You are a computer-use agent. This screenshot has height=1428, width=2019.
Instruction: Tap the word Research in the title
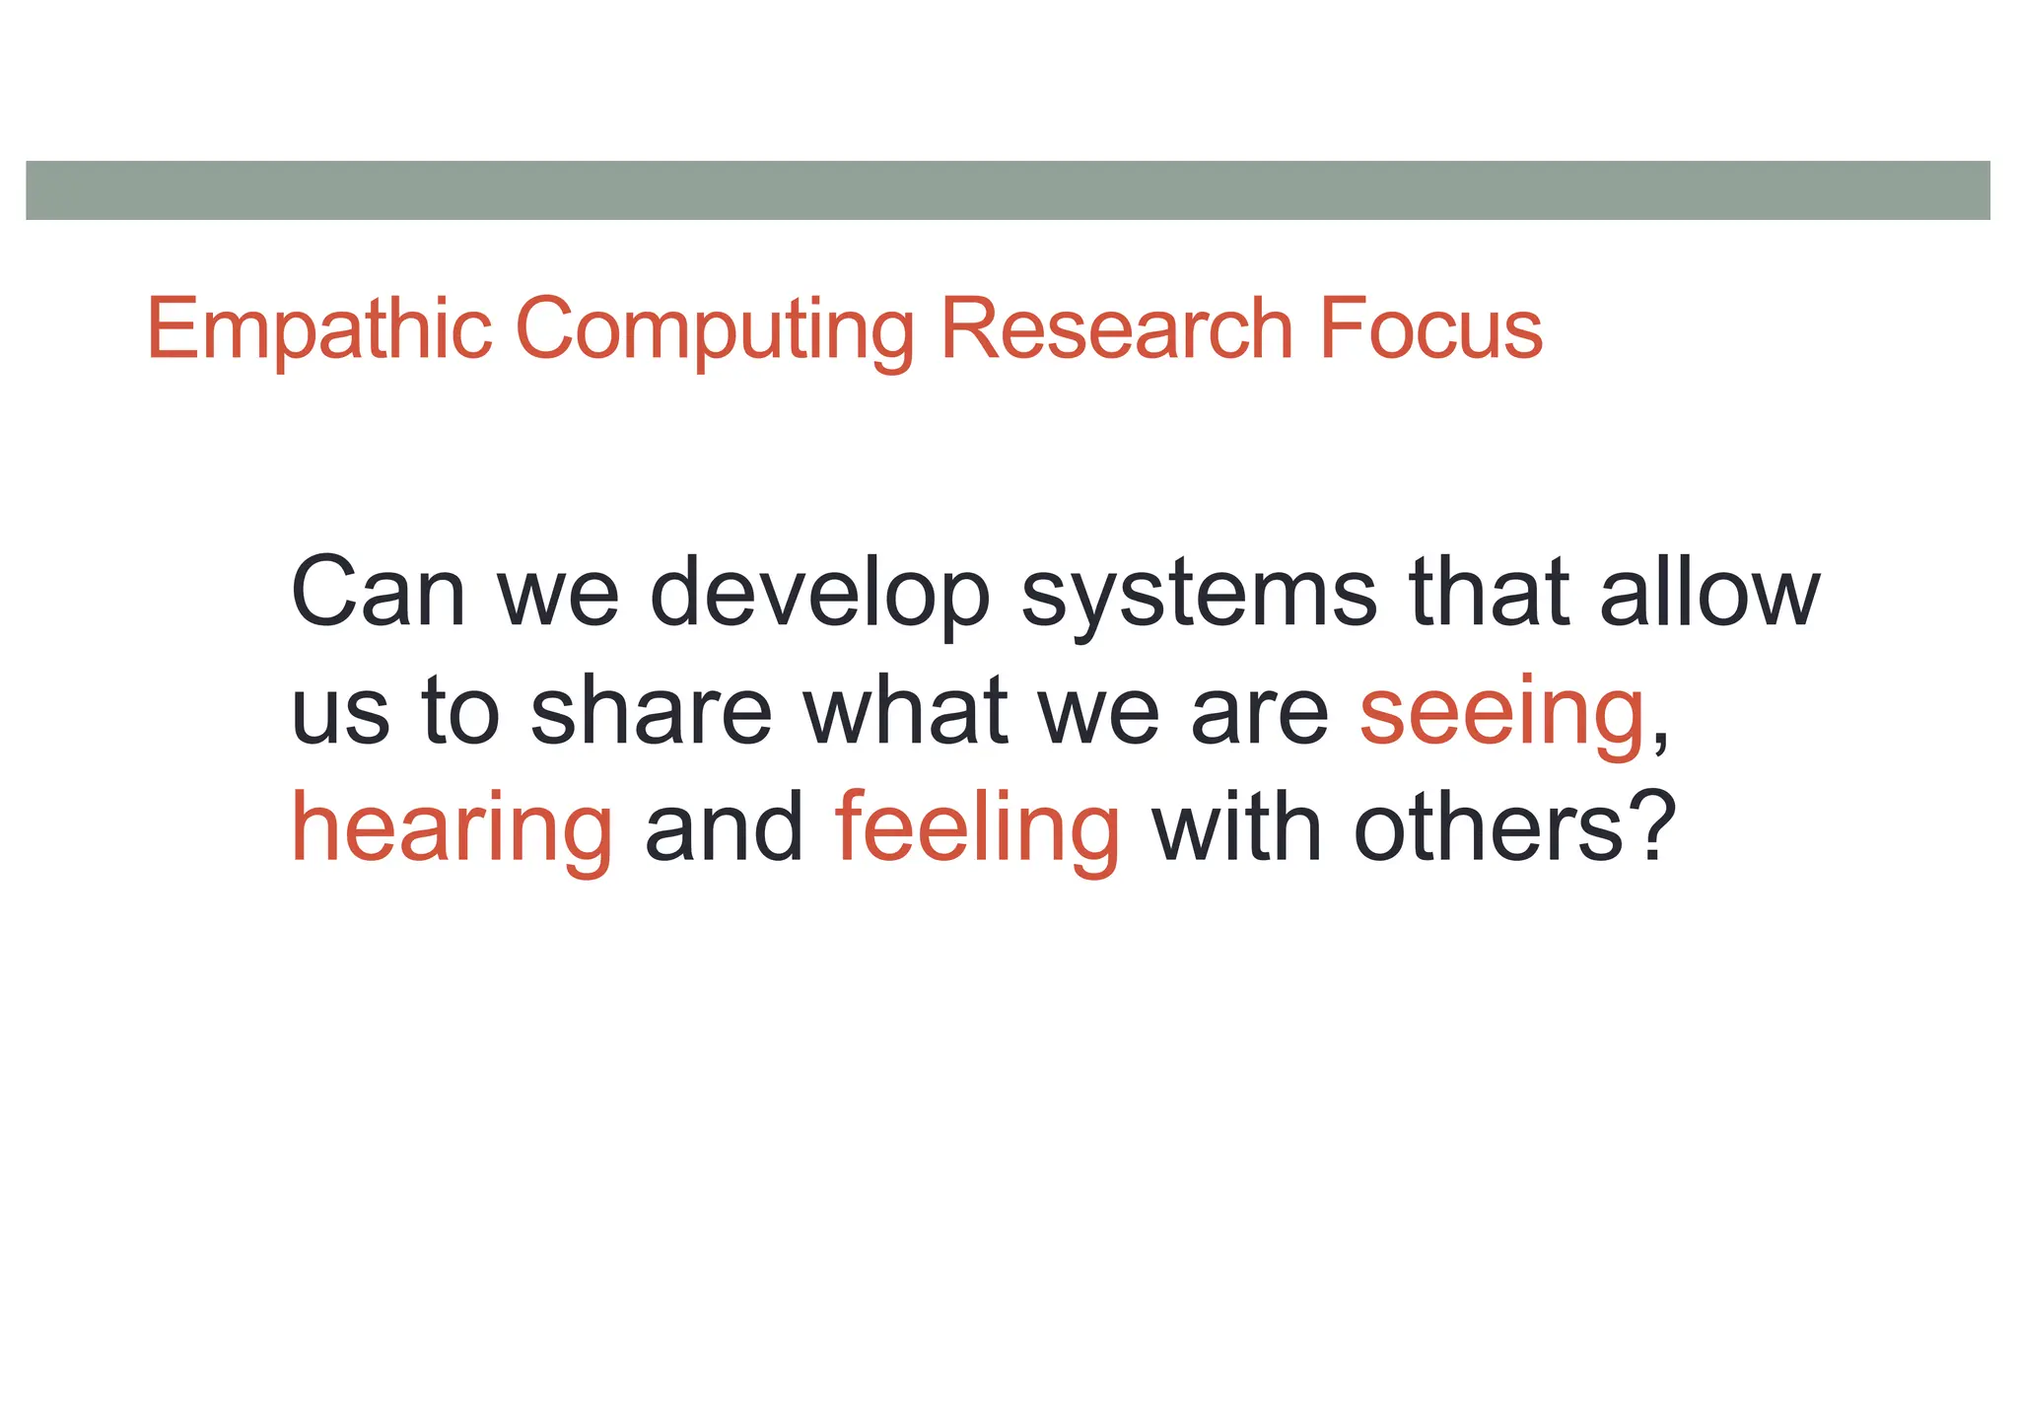coord(1116,330)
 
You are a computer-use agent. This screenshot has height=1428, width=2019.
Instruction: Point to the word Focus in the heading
coord(1430,330)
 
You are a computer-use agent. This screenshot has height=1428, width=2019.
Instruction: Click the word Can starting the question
coord(378,594)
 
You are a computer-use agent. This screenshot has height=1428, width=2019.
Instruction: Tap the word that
coord(1489,594)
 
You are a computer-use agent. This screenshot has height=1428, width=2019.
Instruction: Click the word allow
coord(1709,594)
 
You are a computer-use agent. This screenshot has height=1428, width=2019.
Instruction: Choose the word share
coord(651,711)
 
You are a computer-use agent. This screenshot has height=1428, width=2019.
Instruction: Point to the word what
coord(905,711)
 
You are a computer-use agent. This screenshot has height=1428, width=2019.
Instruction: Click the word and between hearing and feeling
coord(725,828)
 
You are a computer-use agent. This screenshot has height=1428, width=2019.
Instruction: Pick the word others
coord(1488,828)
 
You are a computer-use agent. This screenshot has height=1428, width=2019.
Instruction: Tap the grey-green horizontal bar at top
coord(1008,190)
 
